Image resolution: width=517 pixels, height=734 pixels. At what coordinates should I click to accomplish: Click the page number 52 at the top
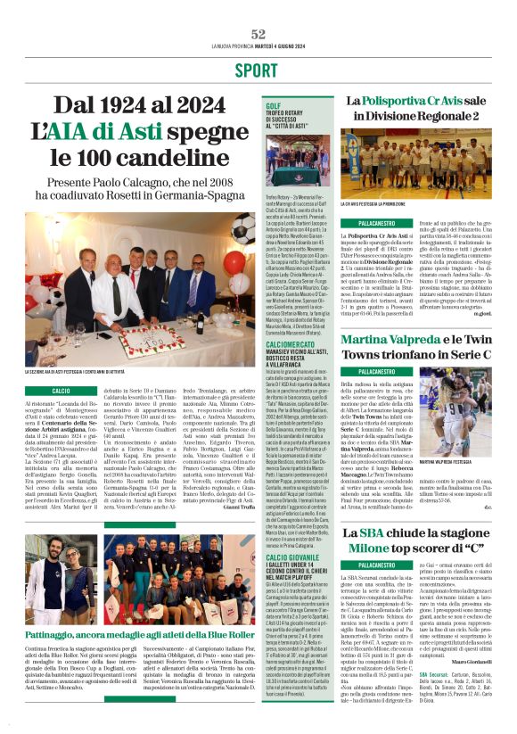258,34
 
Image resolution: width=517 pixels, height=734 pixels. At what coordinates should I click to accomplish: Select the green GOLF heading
273,105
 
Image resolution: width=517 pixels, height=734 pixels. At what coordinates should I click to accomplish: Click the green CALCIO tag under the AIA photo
62,391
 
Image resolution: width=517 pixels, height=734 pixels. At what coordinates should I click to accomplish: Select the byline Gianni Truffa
238,517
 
